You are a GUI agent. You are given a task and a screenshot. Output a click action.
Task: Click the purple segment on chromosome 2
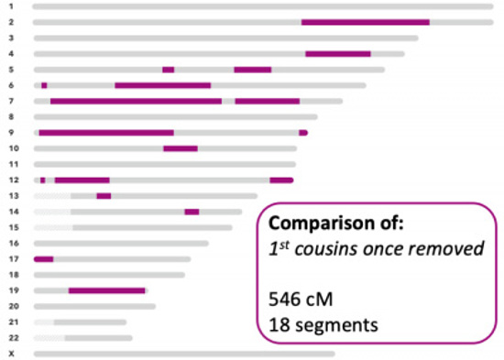[x=365, y=22]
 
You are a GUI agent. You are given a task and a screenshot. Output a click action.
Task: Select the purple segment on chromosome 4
[x=337, y=54]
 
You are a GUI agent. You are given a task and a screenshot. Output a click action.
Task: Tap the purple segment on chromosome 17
[x=43, y=259]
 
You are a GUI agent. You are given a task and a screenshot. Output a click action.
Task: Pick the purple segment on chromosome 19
[x=106, y=291]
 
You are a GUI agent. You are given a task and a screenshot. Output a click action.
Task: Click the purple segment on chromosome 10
[x=180, y=148]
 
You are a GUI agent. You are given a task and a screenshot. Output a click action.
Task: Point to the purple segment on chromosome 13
[x=104, y=196]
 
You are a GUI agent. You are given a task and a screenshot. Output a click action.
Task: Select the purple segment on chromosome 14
[x=192, y=212]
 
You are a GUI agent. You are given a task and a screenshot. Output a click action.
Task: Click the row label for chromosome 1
[x=12, y=6]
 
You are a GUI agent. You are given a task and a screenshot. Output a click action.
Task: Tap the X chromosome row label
[x=12, y=354]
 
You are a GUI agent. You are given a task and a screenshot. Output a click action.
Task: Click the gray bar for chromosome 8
[x=175, y=117]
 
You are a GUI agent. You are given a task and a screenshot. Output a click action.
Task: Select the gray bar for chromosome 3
[x=225, y=38]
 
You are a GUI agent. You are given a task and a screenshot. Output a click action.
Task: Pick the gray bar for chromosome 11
[x=165, y=164]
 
